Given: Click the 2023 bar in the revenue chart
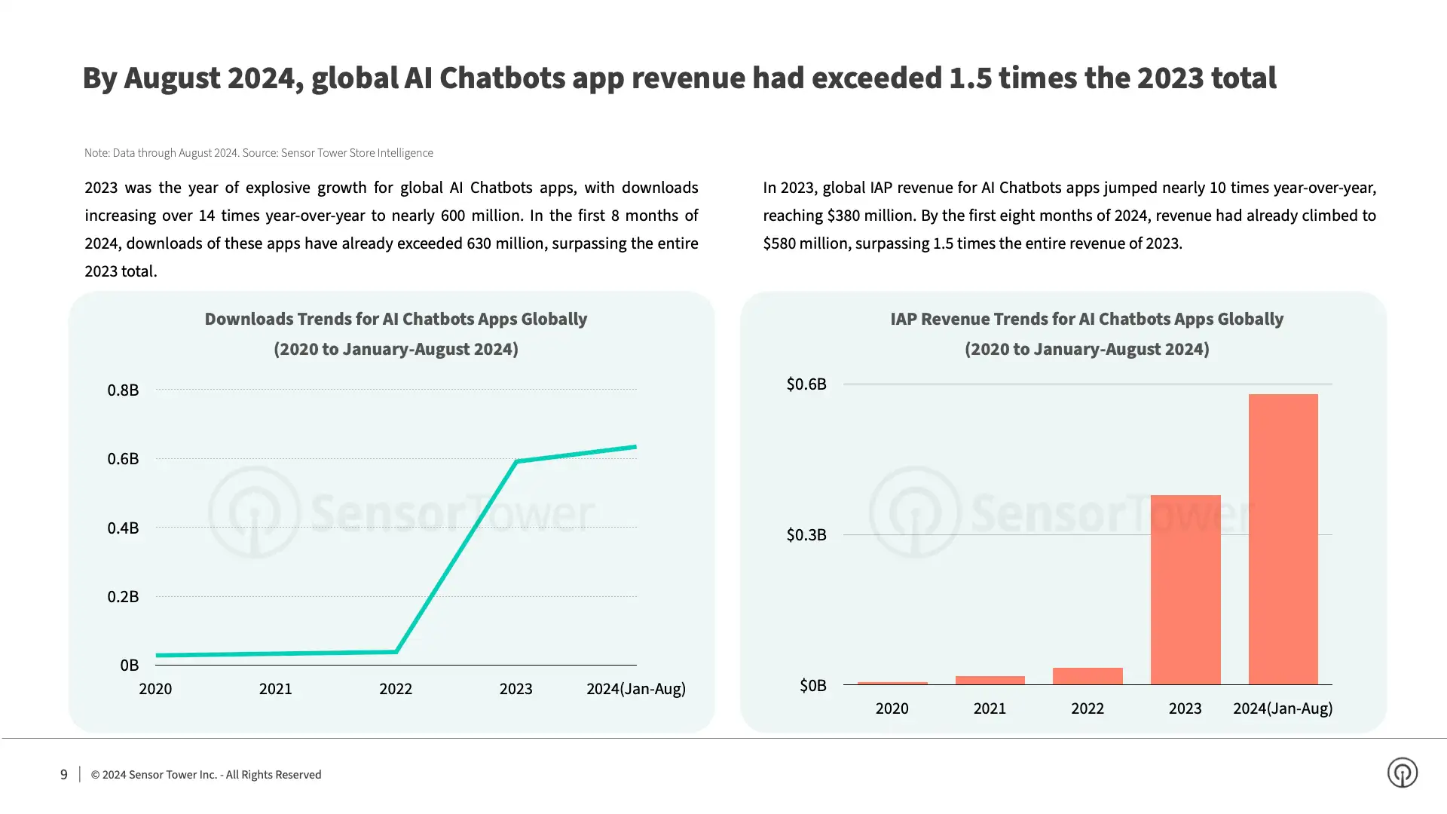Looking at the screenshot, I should pos(1185,589).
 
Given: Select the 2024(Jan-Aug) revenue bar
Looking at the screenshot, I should pos(1283,539).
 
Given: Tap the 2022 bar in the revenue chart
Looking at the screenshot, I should pos(1087,676).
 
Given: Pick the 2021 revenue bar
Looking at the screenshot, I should pos(990,680).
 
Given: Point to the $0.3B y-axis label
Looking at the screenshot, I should pos(806,534).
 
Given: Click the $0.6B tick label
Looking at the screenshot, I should pos(806,384).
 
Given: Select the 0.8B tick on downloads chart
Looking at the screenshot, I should pos(123,390).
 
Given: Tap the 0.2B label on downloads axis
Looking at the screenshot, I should pos(123,596).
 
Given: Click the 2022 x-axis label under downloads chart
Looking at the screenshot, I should pos(395,688).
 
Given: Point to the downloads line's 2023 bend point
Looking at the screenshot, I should pos(516,461).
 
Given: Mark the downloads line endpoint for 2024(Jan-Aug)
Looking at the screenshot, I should pos(635,447).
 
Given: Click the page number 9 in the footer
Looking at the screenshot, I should pos(64,774).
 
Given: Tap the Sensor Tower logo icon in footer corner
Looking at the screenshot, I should pos(1402,773).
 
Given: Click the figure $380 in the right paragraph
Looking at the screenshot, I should pos(846,216).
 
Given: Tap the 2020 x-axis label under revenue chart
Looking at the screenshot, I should pos(892,708).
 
